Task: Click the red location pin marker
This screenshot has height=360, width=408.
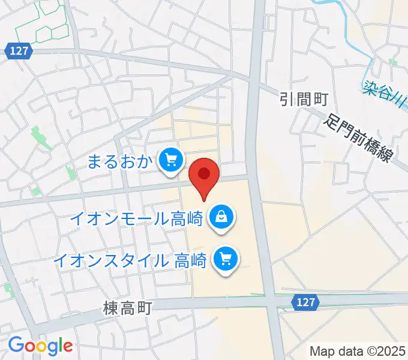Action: pyautogui.click(x=204, y=175)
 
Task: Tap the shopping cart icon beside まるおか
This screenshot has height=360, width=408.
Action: pyautogui.click(x=172, y=160)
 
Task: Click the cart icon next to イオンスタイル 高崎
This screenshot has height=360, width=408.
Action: pyautogui.click(x=226, y=260)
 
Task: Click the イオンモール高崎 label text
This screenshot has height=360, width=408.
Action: pyautogui.click(x=136, y=217)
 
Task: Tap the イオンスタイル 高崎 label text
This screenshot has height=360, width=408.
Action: pyautogui.click(x=130, y=261)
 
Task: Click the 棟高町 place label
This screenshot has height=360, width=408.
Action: pyautogui.click(x=128, y=308)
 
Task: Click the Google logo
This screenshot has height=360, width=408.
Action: pyautogui.click(x=40, y=346)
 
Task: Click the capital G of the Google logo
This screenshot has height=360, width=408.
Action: pyautogui.click(x=16, y=345)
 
